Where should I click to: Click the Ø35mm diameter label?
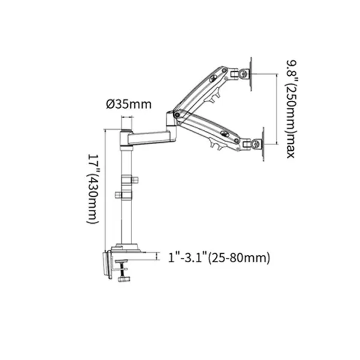pyautogui.click(x=129, y=104)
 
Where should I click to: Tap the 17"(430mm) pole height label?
pyautogui.click(x=93, y=188)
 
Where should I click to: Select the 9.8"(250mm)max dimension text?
pyautogui.click(x=291, y=109)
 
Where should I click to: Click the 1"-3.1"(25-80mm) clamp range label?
pyautogui.click(x=219, y=257)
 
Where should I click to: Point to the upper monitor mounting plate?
pyautogui.click(x=251, y=74)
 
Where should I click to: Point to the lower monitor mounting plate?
pyautogui.click(x=263, y=144)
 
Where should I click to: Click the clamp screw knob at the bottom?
pyautogui.click(x=124, y=279)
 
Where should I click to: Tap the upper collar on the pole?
pyautogui.click(x=128, y=180)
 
